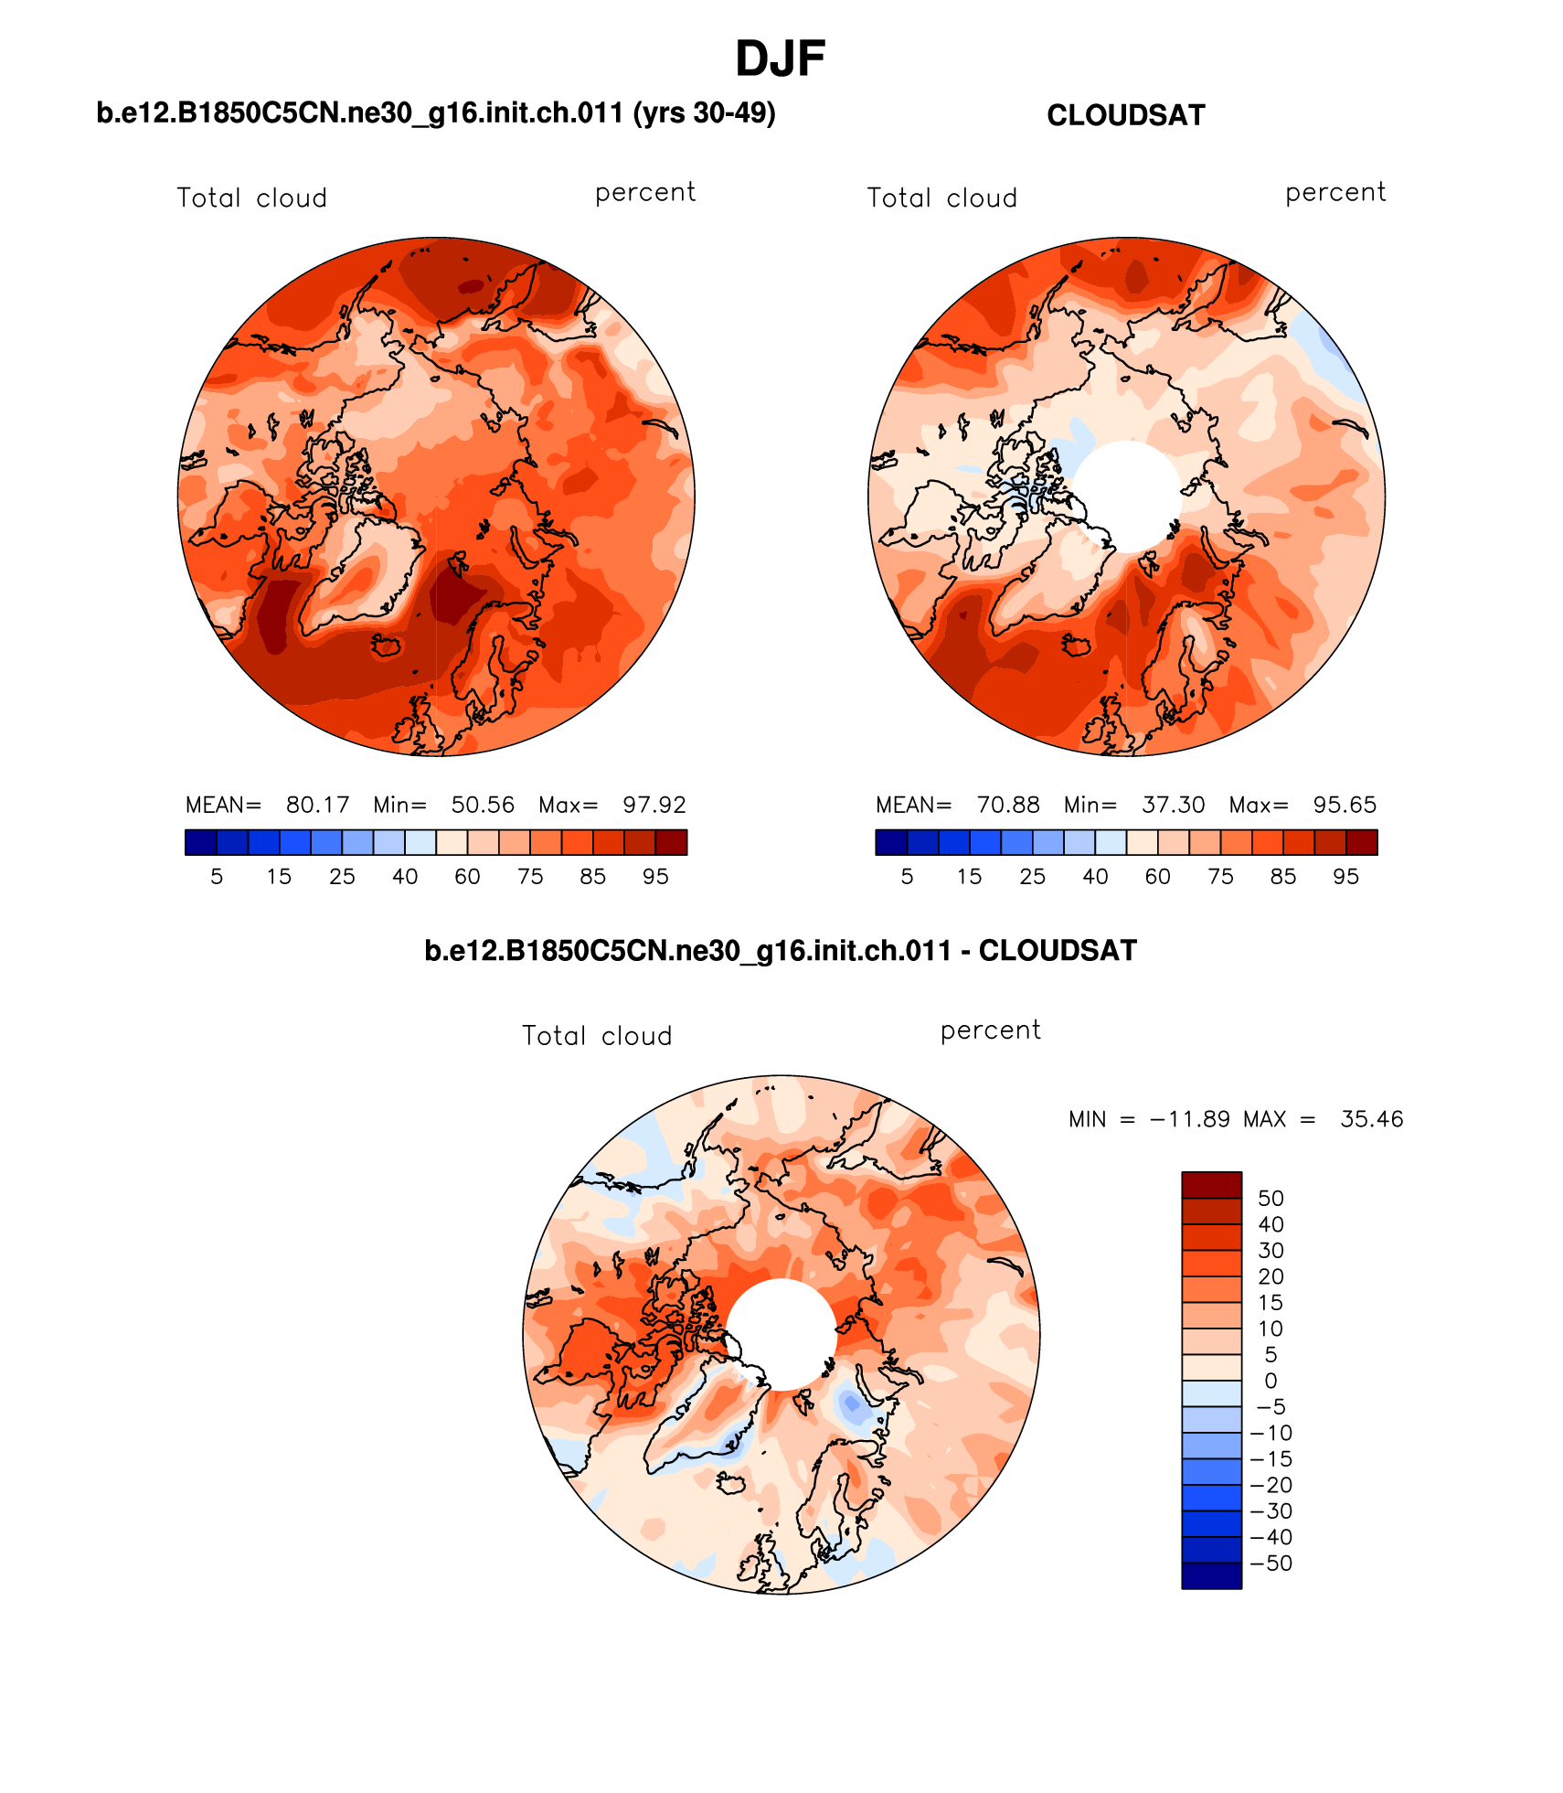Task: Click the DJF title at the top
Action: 780,59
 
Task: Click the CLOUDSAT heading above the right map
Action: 1125,116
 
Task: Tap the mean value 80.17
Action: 317,805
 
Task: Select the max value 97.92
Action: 654,805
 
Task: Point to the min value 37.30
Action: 1173,805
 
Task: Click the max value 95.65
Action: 1344,805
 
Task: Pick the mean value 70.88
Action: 1007,805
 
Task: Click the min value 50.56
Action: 483,805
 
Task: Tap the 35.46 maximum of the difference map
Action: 1371,1119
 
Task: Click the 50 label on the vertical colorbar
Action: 1271,1199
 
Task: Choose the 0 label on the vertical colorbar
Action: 1271,1381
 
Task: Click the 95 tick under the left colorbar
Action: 655,877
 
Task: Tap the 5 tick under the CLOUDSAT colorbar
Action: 907,877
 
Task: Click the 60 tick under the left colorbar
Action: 467,877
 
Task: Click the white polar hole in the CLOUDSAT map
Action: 1127,496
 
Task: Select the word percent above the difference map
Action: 990,1030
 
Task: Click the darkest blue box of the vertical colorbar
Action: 1211,1576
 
